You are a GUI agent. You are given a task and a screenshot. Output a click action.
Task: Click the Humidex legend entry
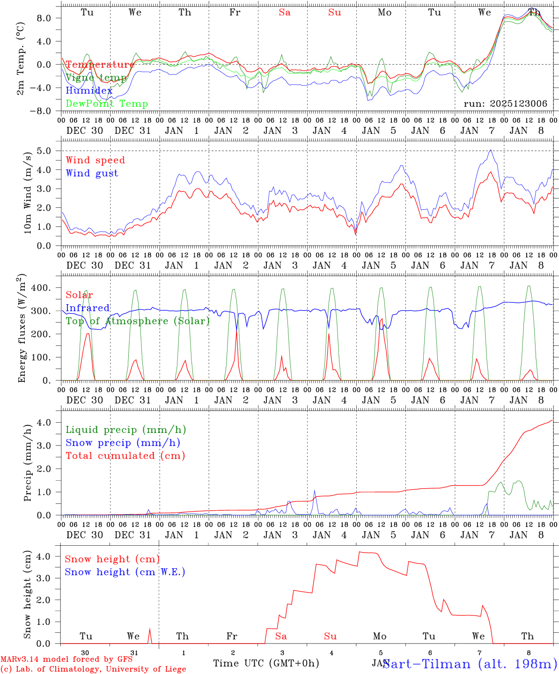coord(89,90)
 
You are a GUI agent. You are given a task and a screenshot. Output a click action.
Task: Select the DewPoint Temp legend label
coord(107,103)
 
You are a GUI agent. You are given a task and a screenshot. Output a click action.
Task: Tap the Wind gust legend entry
coord(92,173)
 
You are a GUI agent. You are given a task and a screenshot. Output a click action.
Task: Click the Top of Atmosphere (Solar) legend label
coord(138,321)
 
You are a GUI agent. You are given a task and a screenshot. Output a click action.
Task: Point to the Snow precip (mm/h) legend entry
coord(123,443)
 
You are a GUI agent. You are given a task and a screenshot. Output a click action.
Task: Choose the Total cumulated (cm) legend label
coord(125,455)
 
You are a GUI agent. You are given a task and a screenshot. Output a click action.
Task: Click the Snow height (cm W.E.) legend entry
coord(125,572)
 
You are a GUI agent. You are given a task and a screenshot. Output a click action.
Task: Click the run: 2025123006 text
coord(505,104)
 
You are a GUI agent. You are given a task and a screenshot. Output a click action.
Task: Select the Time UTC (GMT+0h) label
coord(266,663)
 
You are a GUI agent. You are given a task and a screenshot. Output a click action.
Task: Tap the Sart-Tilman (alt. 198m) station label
coord(470,664)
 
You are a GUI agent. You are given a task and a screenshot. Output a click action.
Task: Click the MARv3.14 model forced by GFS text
coord(66,659)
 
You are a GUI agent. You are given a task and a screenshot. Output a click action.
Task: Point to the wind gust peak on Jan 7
coord(490,150)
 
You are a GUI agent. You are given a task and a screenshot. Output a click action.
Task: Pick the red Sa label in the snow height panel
coord(281,636)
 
